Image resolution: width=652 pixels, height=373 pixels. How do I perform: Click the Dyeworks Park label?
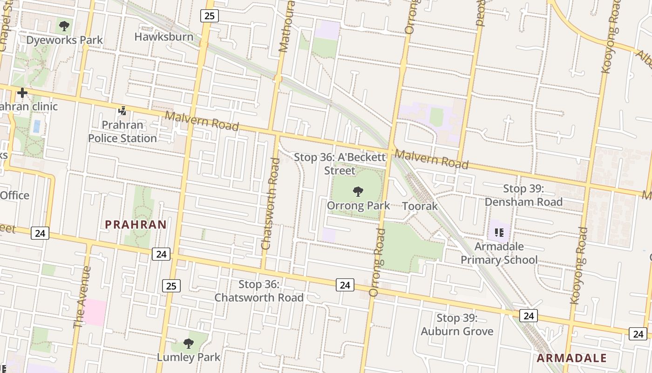pyautogui.click(x=64, y=40)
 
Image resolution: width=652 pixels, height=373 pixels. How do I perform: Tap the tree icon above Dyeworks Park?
pyautogui.click(x=64, y=26)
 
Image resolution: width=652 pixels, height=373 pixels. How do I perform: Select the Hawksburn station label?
pyautogui.click(x=163, y=36)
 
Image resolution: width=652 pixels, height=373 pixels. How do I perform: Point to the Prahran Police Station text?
pyautogui.click(x=122, y=132)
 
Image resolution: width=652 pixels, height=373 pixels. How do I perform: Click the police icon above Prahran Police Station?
pyautogui.click(x=122, y=111)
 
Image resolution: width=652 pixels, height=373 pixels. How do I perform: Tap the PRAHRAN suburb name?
pyautogui.click(x=136, y=225)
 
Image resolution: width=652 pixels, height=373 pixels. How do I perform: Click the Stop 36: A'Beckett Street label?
pyautogui.click(x=340, y=164)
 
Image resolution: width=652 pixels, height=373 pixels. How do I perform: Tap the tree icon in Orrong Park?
pyautogui.click(x=358, y=191)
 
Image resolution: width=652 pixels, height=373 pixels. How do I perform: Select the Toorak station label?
pyautogui.click(x=420, y=206)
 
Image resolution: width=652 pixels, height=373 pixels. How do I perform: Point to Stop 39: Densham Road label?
pyautogui.click(x=523, y=195)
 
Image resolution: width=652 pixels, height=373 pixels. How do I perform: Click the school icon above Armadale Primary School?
pyautogui.click(x=499, y=232)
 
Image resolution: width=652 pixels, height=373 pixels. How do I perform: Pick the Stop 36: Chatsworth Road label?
pyautogui.click(x=259, y=291)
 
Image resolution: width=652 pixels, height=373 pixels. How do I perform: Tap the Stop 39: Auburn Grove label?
pyautogui.click(x=457, y=325)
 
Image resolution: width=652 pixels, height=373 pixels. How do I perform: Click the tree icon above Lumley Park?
pyautogui.click(x=189, y=344)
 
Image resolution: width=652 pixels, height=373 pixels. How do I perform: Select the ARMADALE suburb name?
pyautogui.click(x=571, y=358)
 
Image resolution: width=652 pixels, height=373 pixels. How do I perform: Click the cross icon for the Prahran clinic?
pyautogui.click(x=22, y=93)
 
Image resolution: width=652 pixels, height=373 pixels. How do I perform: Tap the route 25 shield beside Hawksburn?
pyautogui.click(x=209, y=16)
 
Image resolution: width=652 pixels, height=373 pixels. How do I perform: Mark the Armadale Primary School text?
pyautogui.click(x=499, y=253)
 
